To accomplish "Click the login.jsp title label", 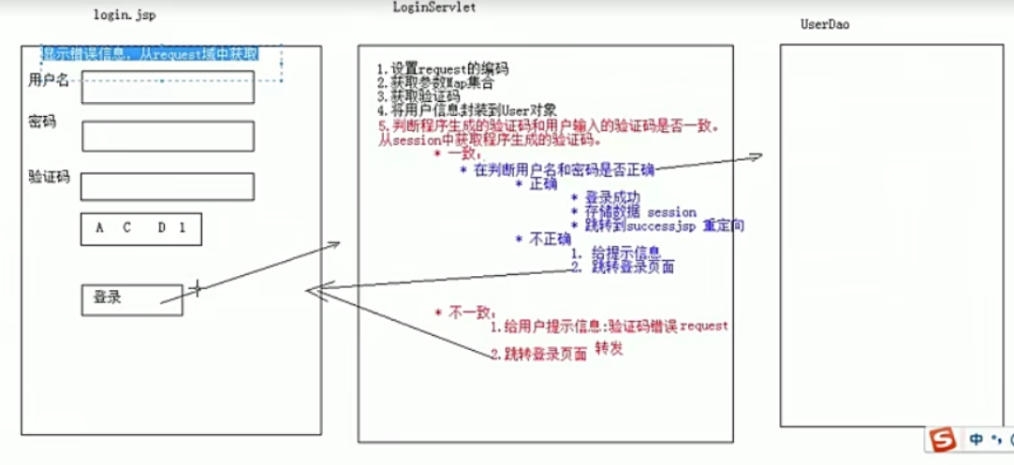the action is pyautogui.click(x=125, y=16).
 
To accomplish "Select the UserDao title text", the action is pyautogui.click(x=825, y=23).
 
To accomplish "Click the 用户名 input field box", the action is pyautogui.click(x=168, y=86).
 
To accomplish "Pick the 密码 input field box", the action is pyautogui.click(x=168, y=136).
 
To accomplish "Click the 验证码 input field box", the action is pyautogui.click(x=168, y=186).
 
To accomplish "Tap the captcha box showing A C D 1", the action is pyautogui.click(x=141, y=229).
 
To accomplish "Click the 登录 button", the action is pyautogui.click(x=132, y=299).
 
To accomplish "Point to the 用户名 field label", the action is pyautogui.click(x=49, y=80).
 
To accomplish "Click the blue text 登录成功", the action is pyautogui.click(x=612, y=198).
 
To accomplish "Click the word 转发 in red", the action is pyautogui.click(x=609, y=348).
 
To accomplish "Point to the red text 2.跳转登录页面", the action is pyautogui.click(x=539, y=354).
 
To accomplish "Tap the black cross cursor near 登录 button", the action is pyautogui.click(x=197, y=287).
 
